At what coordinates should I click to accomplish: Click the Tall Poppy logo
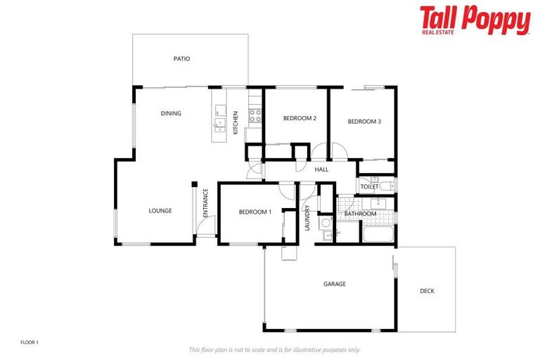475,20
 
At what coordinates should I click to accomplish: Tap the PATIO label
182,59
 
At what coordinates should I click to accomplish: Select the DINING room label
171,113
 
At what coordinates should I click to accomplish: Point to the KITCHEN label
236,122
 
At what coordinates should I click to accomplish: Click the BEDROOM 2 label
300,118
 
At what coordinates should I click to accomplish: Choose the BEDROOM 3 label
364,122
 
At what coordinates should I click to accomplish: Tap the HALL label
322,169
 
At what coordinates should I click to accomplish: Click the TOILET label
369,186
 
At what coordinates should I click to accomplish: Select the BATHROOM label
360,214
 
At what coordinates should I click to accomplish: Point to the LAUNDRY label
307,217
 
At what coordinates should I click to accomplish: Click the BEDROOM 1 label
255,212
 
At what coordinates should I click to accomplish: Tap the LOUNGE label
160,210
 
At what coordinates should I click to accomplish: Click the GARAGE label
335,284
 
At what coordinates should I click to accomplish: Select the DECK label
427,290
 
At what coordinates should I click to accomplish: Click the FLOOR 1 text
30,342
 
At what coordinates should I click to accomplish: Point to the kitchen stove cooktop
255,115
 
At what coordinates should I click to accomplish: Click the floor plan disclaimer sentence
275,349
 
